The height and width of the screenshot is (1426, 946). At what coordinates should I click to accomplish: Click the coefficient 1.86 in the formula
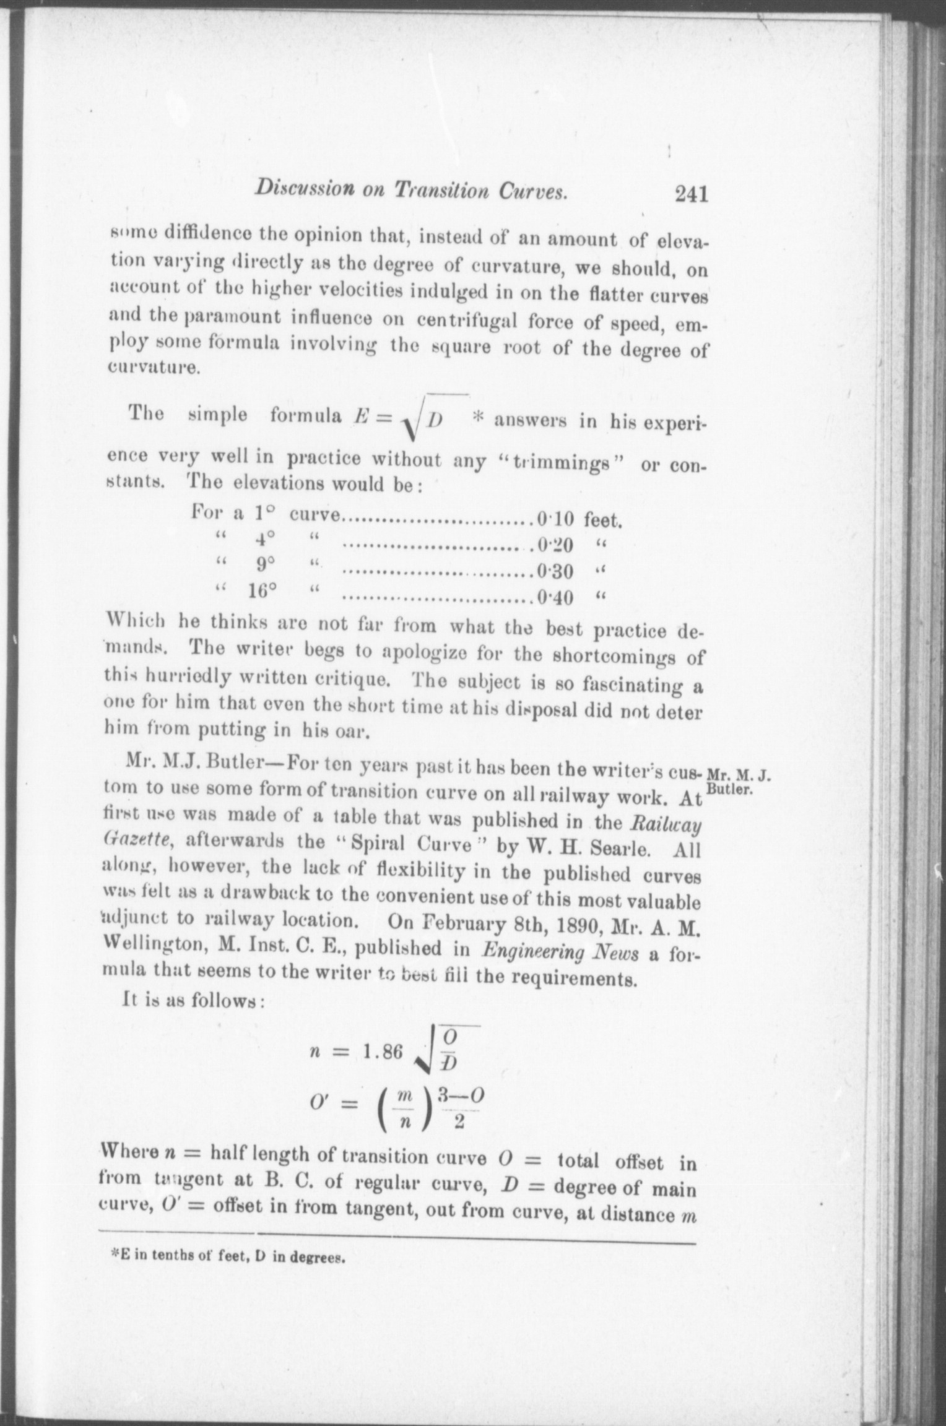383,1052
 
